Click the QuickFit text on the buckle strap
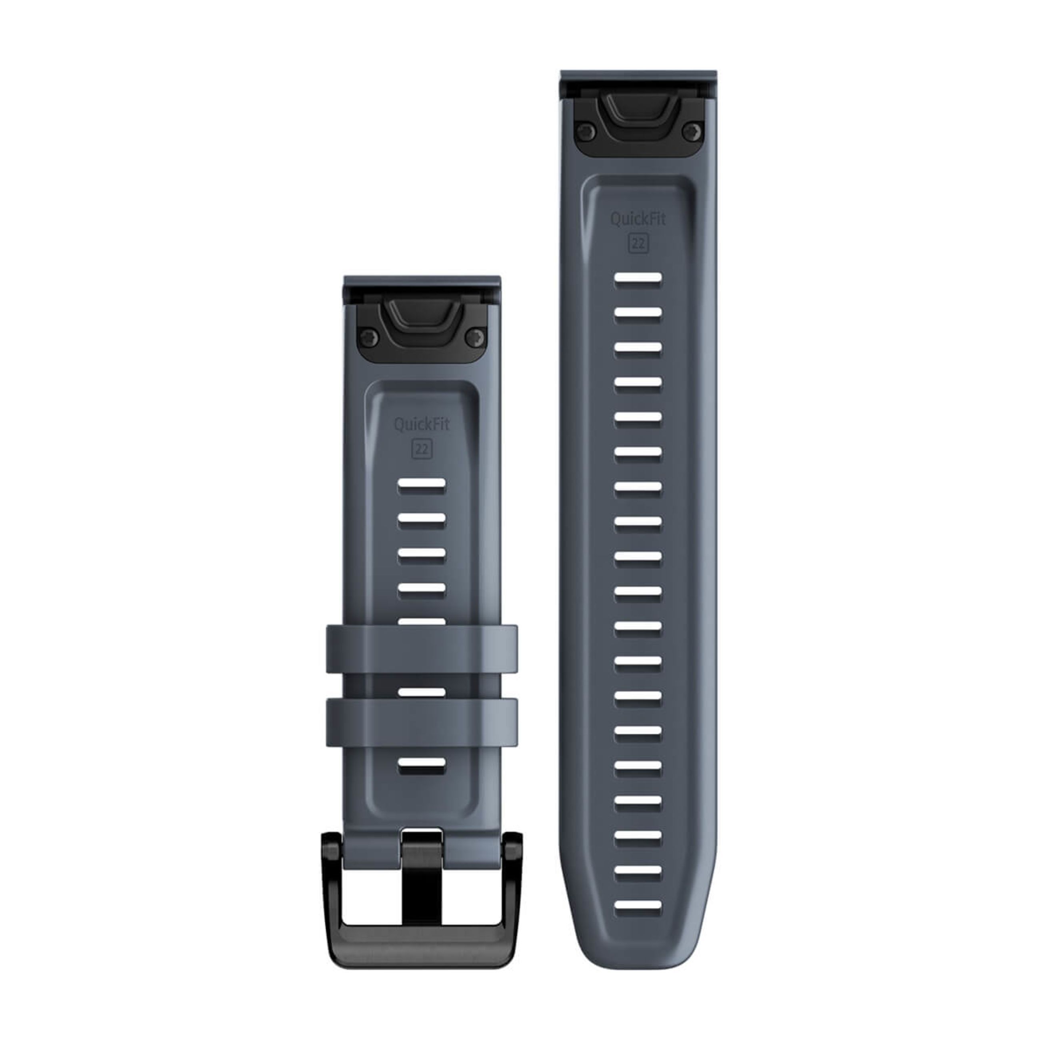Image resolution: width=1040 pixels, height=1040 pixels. tap(422, 425)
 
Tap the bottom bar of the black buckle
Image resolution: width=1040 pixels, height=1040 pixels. tap(422, 936)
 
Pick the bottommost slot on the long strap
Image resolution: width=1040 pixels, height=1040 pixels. tap(638, 906)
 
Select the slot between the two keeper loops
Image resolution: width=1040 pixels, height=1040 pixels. tap(422, 692)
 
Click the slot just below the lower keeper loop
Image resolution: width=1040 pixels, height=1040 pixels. tap(422, 763)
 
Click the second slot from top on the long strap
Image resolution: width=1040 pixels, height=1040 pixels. tap(638, 312)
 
